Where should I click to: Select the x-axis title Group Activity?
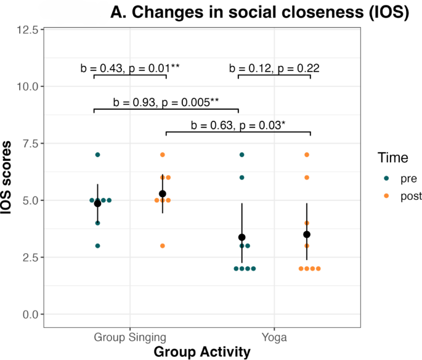[202, 351]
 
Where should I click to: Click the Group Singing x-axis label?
[130, 337]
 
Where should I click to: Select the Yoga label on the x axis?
[274, 337]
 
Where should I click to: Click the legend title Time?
[393, 158]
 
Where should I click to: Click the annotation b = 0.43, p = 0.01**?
[130, 68]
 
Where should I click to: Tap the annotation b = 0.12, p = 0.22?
[274, 68]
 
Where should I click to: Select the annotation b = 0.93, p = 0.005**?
[166, 102]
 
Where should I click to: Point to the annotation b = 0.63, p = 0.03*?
[238, 125]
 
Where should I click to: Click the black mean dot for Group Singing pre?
[97, 203]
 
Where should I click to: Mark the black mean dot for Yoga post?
[307, 234]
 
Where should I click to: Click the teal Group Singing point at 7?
[97, 155]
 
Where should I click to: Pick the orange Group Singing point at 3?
[163, 246]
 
